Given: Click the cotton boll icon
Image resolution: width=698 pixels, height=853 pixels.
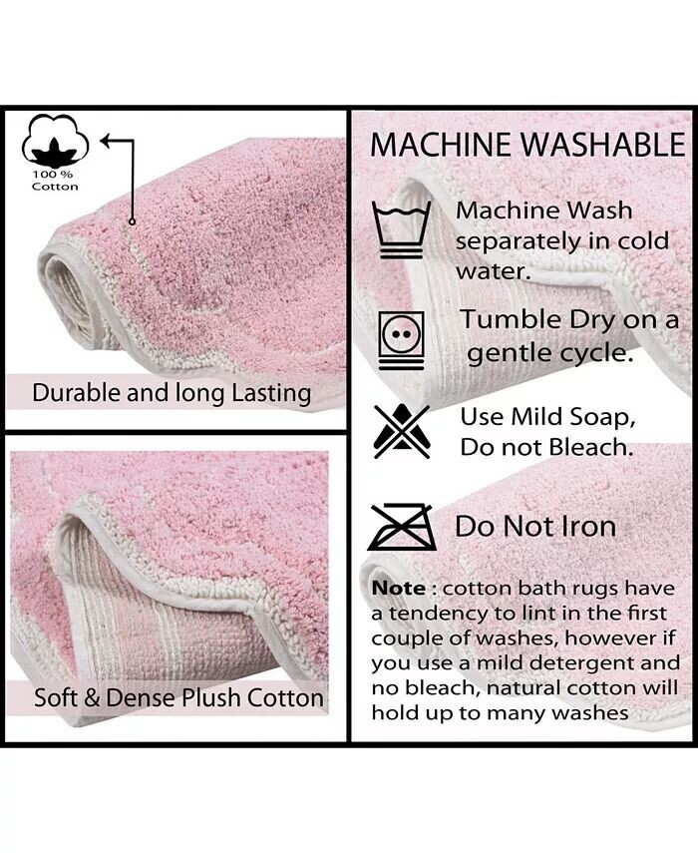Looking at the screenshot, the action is [55, 141].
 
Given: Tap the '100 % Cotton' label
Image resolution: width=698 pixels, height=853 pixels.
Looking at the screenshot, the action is [55, 181].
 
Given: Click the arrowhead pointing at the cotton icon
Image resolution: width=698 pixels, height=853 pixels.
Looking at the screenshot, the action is [106, 141].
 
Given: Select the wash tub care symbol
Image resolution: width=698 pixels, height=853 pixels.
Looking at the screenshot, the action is [401, 229].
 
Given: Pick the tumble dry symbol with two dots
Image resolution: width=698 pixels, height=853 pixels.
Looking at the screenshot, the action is [401, 340].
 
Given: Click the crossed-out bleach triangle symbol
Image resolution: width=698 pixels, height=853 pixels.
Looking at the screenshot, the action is [402, 431].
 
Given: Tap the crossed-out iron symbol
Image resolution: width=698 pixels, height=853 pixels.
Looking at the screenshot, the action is [402, 527].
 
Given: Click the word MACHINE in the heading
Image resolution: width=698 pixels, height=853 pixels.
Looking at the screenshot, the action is [441, 145].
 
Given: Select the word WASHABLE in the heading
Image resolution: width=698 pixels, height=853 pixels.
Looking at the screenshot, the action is [603, 145].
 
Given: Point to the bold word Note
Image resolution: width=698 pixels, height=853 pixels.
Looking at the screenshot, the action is [399, 588].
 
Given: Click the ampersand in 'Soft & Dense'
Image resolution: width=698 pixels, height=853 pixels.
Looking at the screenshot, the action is [92, 698].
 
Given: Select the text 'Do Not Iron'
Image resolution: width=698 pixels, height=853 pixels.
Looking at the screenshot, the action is [535, 527].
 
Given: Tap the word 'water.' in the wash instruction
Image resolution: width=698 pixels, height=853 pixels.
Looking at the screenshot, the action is [493, 271].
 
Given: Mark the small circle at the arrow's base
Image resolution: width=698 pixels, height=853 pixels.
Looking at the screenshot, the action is [132, 221].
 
